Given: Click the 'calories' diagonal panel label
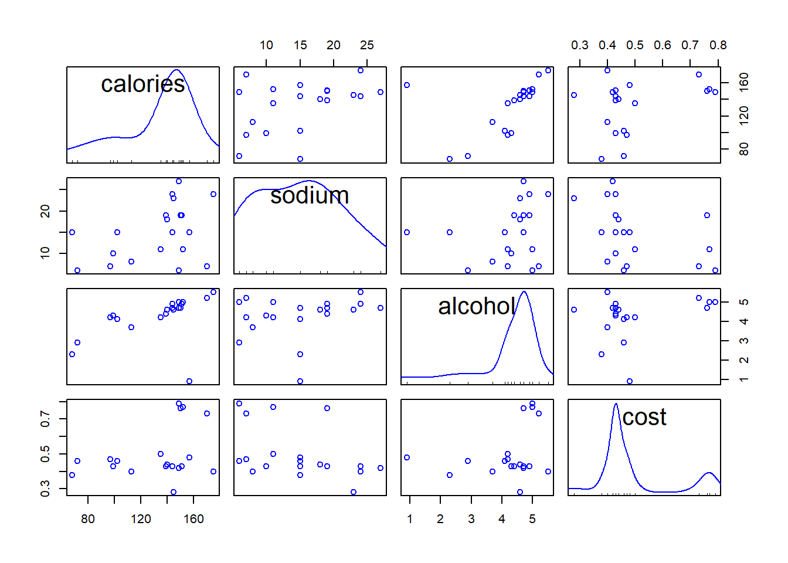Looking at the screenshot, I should click(143, 84).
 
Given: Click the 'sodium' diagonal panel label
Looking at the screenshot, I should click(310, 195).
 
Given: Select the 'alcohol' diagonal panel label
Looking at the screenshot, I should click(477, 306).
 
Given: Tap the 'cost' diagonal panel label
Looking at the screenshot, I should click(644, 417).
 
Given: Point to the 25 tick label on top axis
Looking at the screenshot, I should click(367, 45).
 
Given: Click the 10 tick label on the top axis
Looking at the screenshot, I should click(266, 45).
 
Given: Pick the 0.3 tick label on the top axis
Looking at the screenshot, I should click(580, 45).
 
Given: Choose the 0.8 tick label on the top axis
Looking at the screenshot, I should click(718, 45).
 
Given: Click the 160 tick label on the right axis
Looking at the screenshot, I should click(744, 82).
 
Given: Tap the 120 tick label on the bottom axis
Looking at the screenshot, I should click(141, 519).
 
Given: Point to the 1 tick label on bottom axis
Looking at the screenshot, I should click(410, 519).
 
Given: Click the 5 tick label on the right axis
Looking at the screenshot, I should click(744, 302).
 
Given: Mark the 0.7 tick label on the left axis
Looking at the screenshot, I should click(45, 419).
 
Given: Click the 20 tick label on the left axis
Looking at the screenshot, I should click(45, 211).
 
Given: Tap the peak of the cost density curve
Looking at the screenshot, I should click(616, 403).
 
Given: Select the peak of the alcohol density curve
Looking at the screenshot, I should click(524, 292).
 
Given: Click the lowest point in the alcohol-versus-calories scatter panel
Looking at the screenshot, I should click(189, 381).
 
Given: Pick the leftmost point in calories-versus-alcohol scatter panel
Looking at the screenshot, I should click(407, 85).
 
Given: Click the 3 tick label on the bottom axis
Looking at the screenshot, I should click(471, 519).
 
